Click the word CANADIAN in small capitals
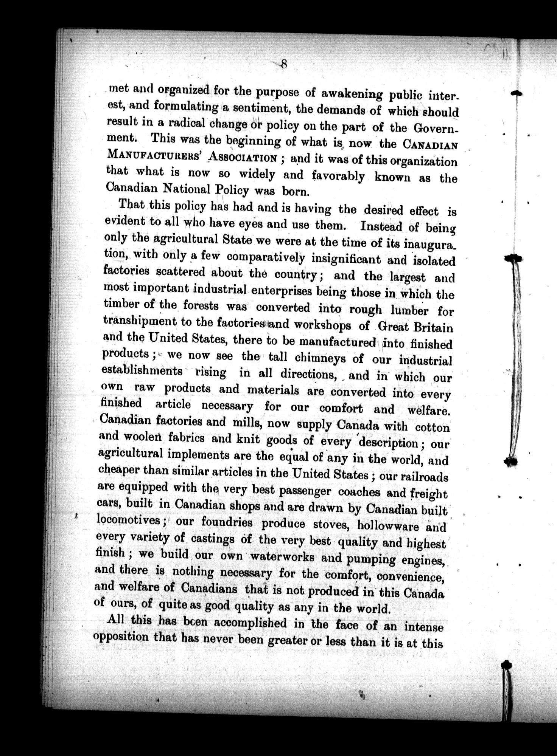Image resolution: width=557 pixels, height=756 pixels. click(x=430, y=145)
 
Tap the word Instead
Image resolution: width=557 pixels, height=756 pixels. click(x=381, y=226)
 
